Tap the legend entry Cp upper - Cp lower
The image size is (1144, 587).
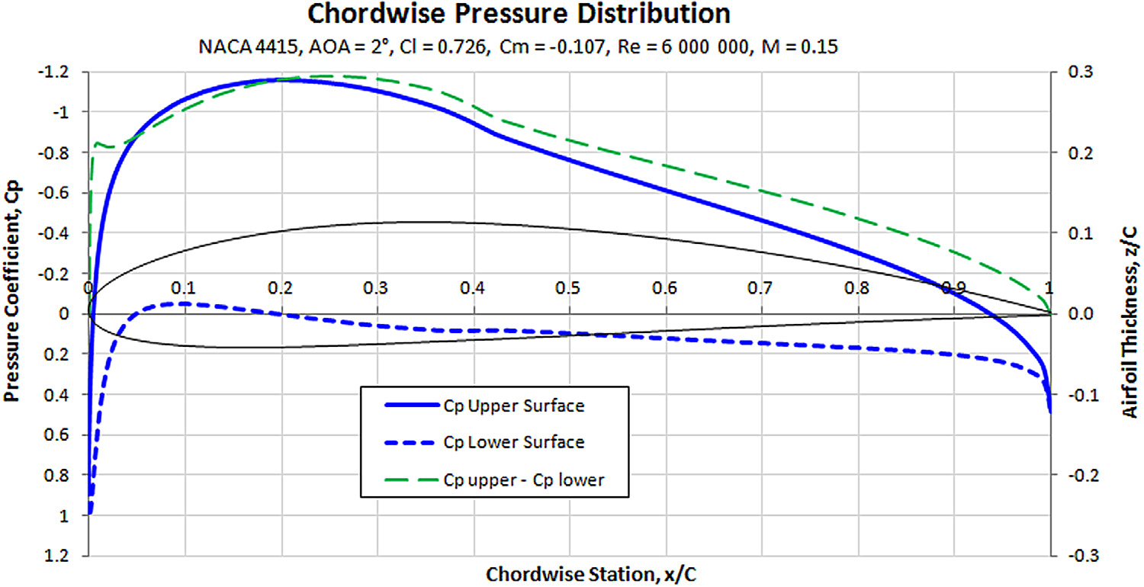[x=523, y=480]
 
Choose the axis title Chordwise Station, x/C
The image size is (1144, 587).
[x=570, y=573]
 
